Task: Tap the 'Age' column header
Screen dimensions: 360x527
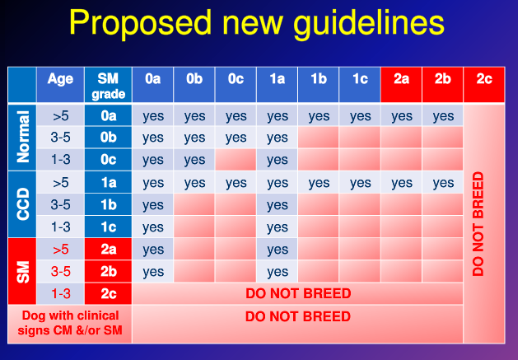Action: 60,80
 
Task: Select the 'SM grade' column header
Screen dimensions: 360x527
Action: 108,86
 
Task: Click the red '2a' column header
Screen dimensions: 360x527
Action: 402,80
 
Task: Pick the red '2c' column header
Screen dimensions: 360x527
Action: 484,80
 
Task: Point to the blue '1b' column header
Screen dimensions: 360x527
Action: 319,80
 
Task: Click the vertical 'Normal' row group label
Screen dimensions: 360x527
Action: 22,138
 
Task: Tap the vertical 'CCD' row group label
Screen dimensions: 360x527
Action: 22,204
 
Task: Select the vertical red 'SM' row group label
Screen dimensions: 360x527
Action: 22,272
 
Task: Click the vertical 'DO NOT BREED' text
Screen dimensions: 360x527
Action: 479,223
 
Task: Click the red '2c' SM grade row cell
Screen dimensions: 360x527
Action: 108,294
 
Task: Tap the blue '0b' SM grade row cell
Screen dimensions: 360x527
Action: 108,138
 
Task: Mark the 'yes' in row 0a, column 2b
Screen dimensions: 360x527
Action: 443,116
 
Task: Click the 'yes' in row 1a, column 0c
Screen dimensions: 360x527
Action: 236,183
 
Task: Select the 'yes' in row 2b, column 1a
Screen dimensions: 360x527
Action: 277,272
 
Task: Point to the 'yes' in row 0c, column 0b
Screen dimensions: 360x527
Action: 194,161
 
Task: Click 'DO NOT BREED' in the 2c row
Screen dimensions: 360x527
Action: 298,294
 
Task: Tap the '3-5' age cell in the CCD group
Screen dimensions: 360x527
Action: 60,205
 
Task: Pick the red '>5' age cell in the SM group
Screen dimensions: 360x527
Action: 60,250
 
